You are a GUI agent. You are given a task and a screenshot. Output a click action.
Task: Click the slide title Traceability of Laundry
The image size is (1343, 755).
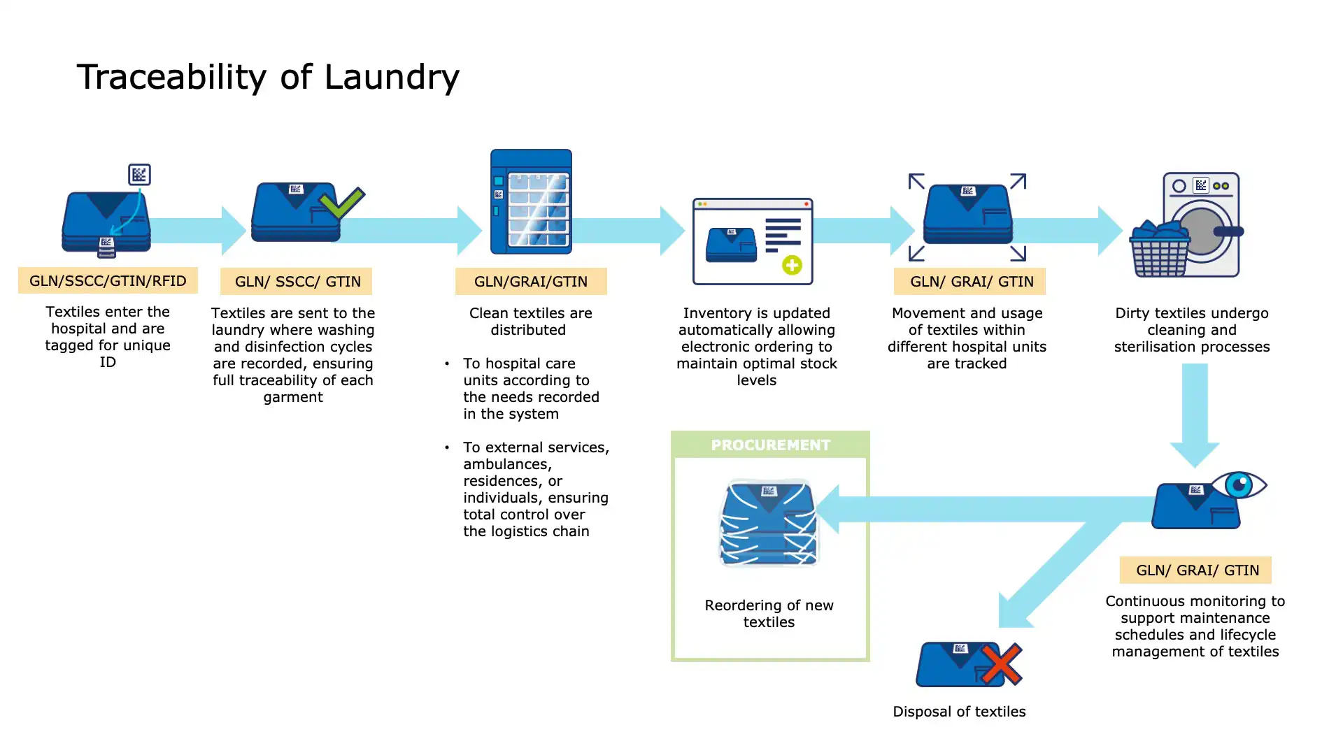click(x=268, y=77)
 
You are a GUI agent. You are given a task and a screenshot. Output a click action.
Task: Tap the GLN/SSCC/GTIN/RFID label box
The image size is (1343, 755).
click(x=108, y=281)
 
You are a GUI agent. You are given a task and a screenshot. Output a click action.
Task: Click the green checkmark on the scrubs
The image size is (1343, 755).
click(x=341, y=203)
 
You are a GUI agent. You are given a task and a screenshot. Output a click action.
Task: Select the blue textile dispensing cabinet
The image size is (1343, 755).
click(x=531, y=201)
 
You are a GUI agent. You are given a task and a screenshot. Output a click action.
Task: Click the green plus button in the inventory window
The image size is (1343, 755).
click(x=792, y=265)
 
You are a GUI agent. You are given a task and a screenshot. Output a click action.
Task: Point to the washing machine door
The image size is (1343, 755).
click(x=1202, y=231)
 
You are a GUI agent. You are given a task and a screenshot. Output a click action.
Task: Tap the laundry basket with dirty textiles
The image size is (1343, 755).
click(x=1160, y=250)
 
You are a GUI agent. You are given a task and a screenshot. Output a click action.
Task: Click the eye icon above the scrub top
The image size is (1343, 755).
click(x=1239, y=484)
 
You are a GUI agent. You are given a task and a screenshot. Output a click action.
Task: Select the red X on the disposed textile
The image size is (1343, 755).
click(x=1001, y=664)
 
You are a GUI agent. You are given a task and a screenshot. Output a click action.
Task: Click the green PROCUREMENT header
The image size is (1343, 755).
click(x=770, y=445)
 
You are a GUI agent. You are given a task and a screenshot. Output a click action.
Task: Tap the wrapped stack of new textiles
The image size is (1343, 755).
click(x=769, y=523)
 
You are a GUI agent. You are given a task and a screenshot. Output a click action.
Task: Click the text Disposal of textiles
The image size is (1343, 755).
click(x=959, y=712)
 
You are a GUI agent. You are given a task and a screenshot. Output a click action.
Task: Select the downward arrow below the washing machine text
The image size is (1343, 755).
click(x=1195, y=416)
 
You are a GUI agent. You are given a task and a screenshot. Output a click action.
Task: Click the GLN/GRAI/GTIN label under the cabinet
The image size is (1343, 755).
click(x=531, y=282)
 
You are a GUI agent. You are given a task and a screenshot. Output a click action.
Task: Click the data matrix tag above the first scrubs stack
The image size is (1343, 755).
click(x=139, y=174)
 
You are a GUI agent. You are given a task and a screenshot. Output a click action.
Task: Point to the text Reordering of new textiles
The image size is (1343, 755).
click(x=769, y=614)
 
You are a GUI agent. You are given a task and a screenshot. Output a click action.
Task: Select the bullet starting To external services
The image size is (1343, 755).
click(x=535, y=489)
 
